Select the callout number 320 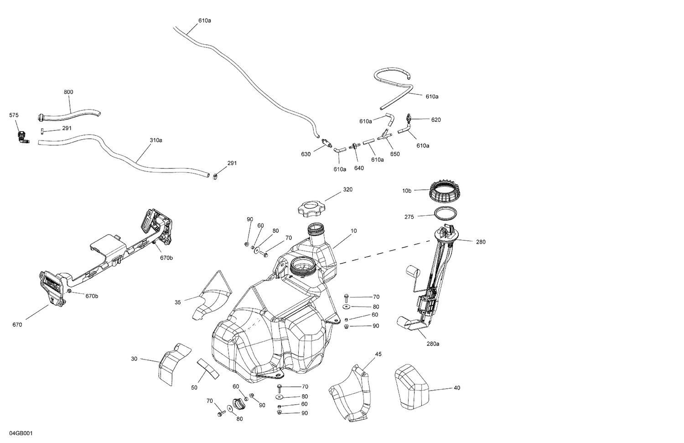pos(348,189)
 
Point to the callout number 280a pos(433,344)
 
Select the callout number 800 pos(68,92)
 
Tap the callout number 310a pos(156,140)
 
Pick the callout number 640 pos(359,168)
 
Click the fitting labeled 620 pos(410,119)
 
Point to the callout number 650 pos(395,154)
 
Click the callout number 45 pos(378,354)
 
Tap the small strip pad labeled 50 pos(208,369)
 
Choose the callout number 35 pos(177,302)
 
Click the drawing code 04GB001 pos(21,433)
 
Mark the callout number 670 pos(17,325)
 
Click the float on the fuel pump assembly pos(412,272)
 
